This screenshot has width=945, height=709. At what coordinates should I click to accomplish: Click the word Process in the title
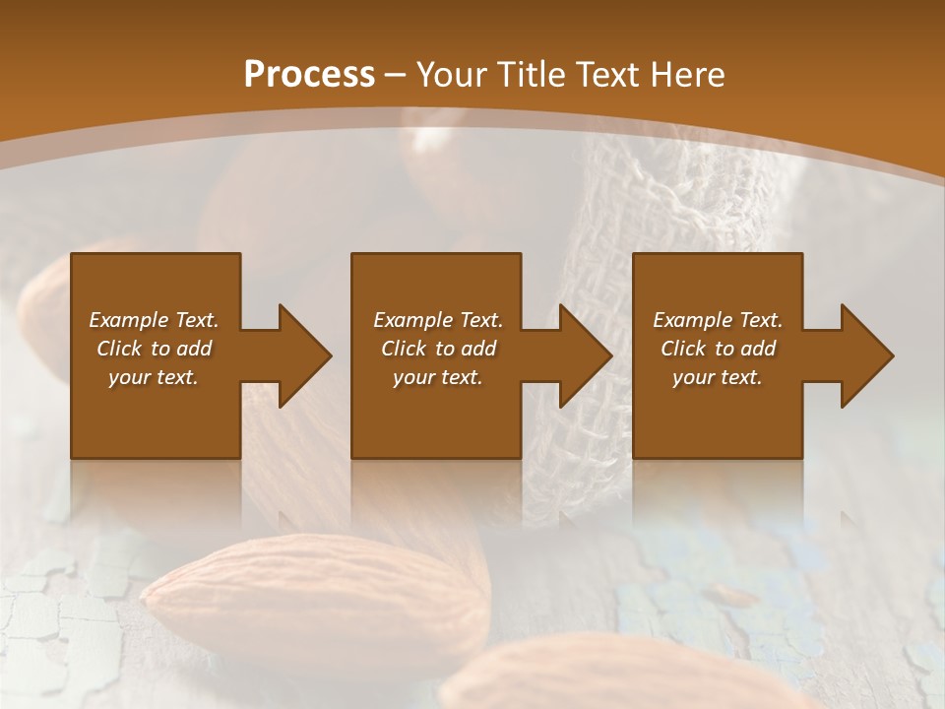(x=309, y=74)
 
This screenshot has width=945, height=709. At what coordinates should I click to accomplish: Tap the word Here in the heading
(x=684, y=74)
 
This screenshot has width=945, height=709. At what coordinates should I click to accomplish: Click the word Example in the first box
(x=129, y=320)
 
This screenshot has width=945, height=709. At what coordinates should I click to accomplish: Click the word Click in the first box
(x=120, y=349)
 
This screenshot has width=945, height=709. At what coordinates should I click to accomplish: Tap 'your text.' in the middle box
(x=437, y=377)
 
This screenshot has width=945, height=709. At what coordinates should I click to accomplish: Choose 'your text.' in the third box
(x=717, y=377)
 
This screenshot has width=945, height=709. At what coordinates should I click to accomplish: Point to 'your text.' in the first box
(x=153, y=377)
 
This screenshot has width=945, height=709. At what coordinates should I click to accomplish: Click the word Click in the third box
(x=684, y=349)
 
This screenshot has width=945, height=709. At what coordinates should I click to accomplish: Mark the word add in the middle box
(x=477, y=349)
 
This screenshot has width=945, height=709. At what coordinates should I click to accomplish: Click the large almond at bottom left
(x=315, y=596)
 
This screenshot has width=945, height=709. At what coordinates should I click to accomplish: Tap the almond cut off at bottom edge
(x=610, y=679)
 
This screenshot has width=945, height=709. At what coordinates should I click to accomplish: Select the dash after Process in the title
(x=396, y=74)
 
